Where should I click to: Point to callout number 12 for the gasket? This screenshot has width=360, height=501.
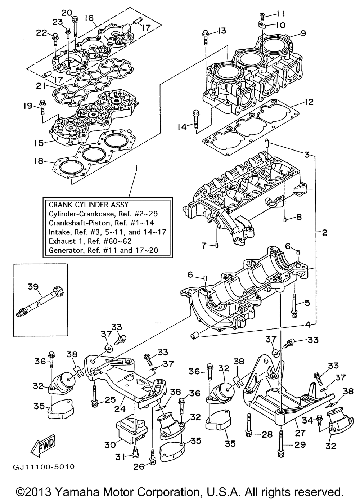pyautogui.click(x=308, y=102)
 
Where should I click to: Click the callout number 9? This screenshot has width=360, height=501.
pyautogui.click(x=302, y=34)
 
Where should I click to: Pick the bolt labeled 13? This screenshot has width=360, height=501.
pyautogui.click(x=206, y=36)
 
